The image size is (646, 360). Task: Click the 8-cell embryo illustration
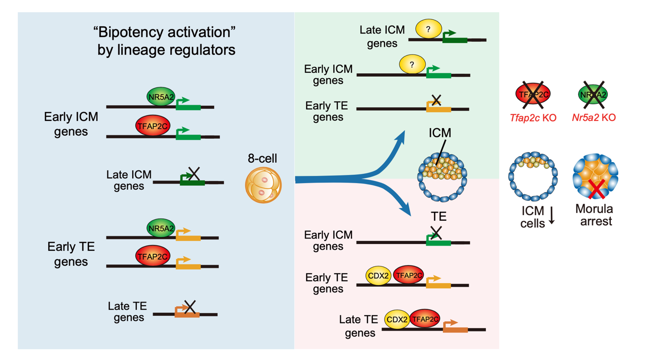coord(263,185)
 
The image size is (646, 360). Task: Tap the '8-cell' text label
coord(263,159)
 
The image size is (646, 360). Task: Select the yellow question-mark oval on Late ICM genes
coord(429,29)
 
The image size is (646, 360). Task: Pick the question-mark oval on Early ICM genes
coord(412,65)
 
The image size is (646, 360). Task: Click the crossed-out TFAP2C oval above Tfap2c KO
coord(533,94)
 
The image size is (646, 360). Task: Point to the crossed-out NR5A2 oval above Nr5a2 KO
coord(593,94)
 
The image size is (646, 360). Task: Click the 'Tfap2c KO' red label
coord(533,118)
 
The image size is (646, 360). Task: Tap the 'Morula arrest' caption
coord(594,215)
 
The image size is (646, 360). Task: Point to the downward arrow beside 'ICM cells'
coord(551,217)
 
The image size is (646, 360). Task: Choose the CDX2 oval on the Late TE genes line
coord(397,320)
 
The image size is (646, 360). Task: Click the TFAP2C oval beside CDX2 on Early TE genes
coord(408,276)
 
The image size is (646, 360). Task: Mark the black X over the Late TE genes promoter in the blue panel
coord(190,306)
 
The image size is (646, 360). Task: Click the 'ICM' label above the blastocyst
coord(440,133)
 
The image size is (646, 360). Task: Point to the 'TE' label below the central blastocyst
coord(438,217)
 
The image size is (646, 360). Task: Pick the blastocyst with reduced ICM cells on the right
coord(533,175)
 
